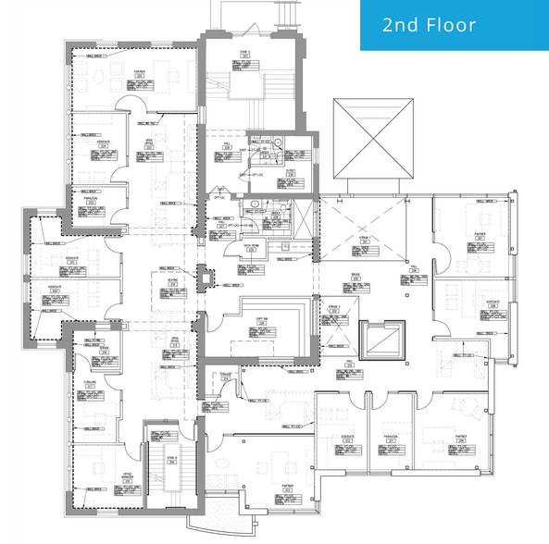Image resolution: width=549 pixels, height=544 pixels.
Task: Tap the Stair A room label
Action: click(245, 54)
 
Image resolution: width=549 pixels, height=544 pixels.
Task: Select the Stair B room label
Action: click(172, 458)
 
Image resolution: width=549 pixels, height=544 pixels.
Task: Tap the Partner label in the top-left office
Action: click(141, 70)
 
